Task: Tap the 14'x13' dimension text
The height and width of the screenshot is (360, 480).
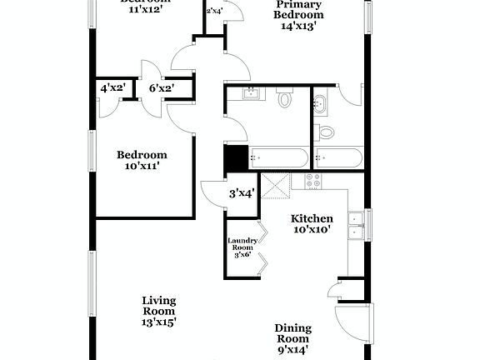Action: (x=300, y=26)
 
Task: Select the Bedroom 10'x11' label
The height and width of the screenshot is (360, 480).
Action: (x=141, y=160)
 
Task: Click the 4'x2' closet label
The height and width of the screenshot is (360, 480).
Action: (x=112, y=87)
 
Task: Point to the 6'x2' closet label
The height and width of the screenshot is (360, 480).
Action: (x=162, y=87)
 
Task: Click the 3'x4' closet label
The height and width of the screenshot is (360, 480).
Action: (x=242, y=194)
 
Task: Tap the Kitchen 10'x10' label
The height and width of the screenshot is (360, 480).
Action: (x=312, y=224)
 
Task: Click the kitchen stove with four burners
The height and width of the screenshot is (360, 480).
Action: (x=313, y=181)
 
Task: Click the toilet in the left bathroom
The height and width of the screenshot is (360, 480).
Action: (x=284, y=100)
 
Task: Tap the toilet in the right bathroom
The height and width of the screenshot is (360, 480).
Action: (x=327, y=132)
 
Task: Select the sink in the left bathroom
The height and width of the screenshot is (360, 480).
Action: (x=247, y=93)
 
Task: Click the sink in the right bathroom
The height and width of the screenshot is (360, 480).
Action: (x=322, y=103)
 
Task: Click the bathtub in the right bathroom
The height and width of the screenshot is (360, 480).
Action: (x=337, y=157)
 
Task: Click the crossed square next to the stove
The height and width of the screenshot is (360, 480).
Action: (x=274, y=186)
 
